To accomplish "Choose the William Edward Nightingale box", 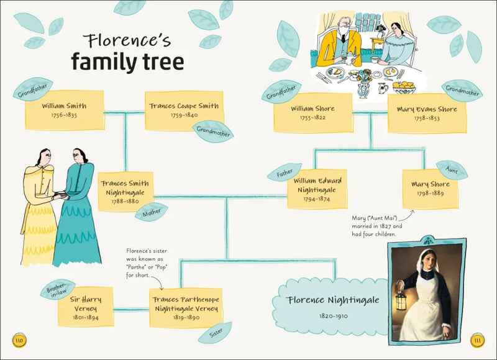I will point(317,189).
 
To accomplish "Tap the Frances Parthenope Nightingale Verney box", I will point(185,307).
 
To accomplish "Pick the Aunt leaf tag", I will point(452,168).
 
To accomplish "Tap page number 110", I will point(19,340).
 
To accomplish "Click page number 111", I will point(477,340).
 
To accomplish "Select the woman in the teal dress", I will point(78,205).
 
